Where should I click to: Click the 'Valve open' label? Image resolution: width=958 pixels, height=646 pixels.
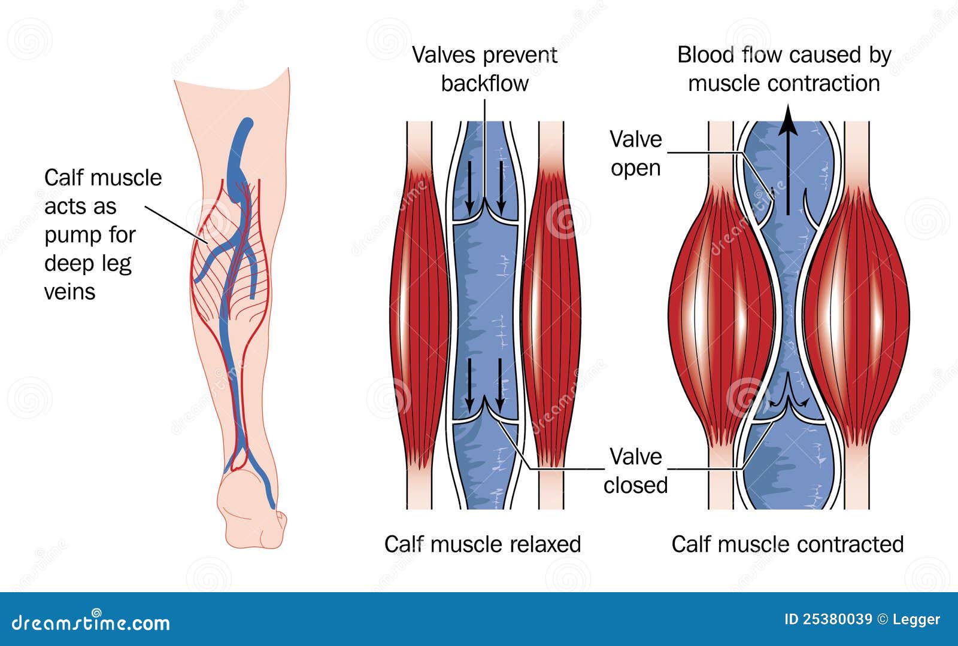635,154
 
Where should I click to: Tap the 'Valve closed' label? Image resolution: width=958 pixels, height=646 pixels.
635,471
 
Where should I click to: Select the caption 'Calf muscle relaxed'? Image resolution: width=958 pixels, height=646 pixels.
483,544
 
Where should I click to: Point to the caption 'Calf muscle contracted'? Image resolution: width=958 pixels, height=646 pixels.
787,544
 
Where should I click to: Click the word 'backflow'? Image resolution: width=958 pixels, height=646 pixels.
484,83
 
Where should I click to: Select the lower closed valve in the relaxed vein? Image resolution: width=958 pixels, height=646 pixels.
486,416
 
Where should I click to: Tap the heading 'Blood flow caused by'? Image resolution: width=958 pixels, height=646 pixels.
784,55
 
